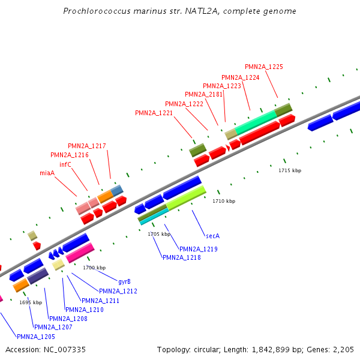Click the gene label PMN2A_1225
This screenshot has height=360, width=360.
click(x=264, y=67)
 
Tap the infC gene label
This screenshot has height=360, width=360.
click(x=65, y=164)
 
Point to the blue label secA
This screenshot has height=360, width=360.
click(x=212, y=236)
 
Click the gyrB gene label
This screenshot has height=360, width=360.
click(x=124, y=281)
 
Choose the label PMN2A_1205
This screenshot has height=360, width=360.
click(x=35, y=337)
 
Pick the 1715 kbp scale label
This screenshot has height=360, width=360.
click(x=290, y=171)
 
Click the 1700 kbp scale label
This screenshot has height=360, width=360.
click(x=94, y=268)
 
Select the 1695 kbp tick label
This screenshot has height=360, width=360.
click(x=31, y=302)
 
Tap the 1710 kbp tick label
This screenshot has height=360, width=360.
click(x=224, y=201)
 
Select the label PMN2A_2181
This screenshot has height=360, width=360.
click(x=203, y=94)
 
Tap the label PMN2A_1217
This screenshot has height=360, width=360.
click(x=87, y=146)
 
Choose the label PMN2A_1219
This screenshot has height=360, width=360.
click(x=198, y=249)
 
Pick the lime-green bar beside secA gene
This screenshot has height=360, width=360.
click(x=186, y=197)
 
